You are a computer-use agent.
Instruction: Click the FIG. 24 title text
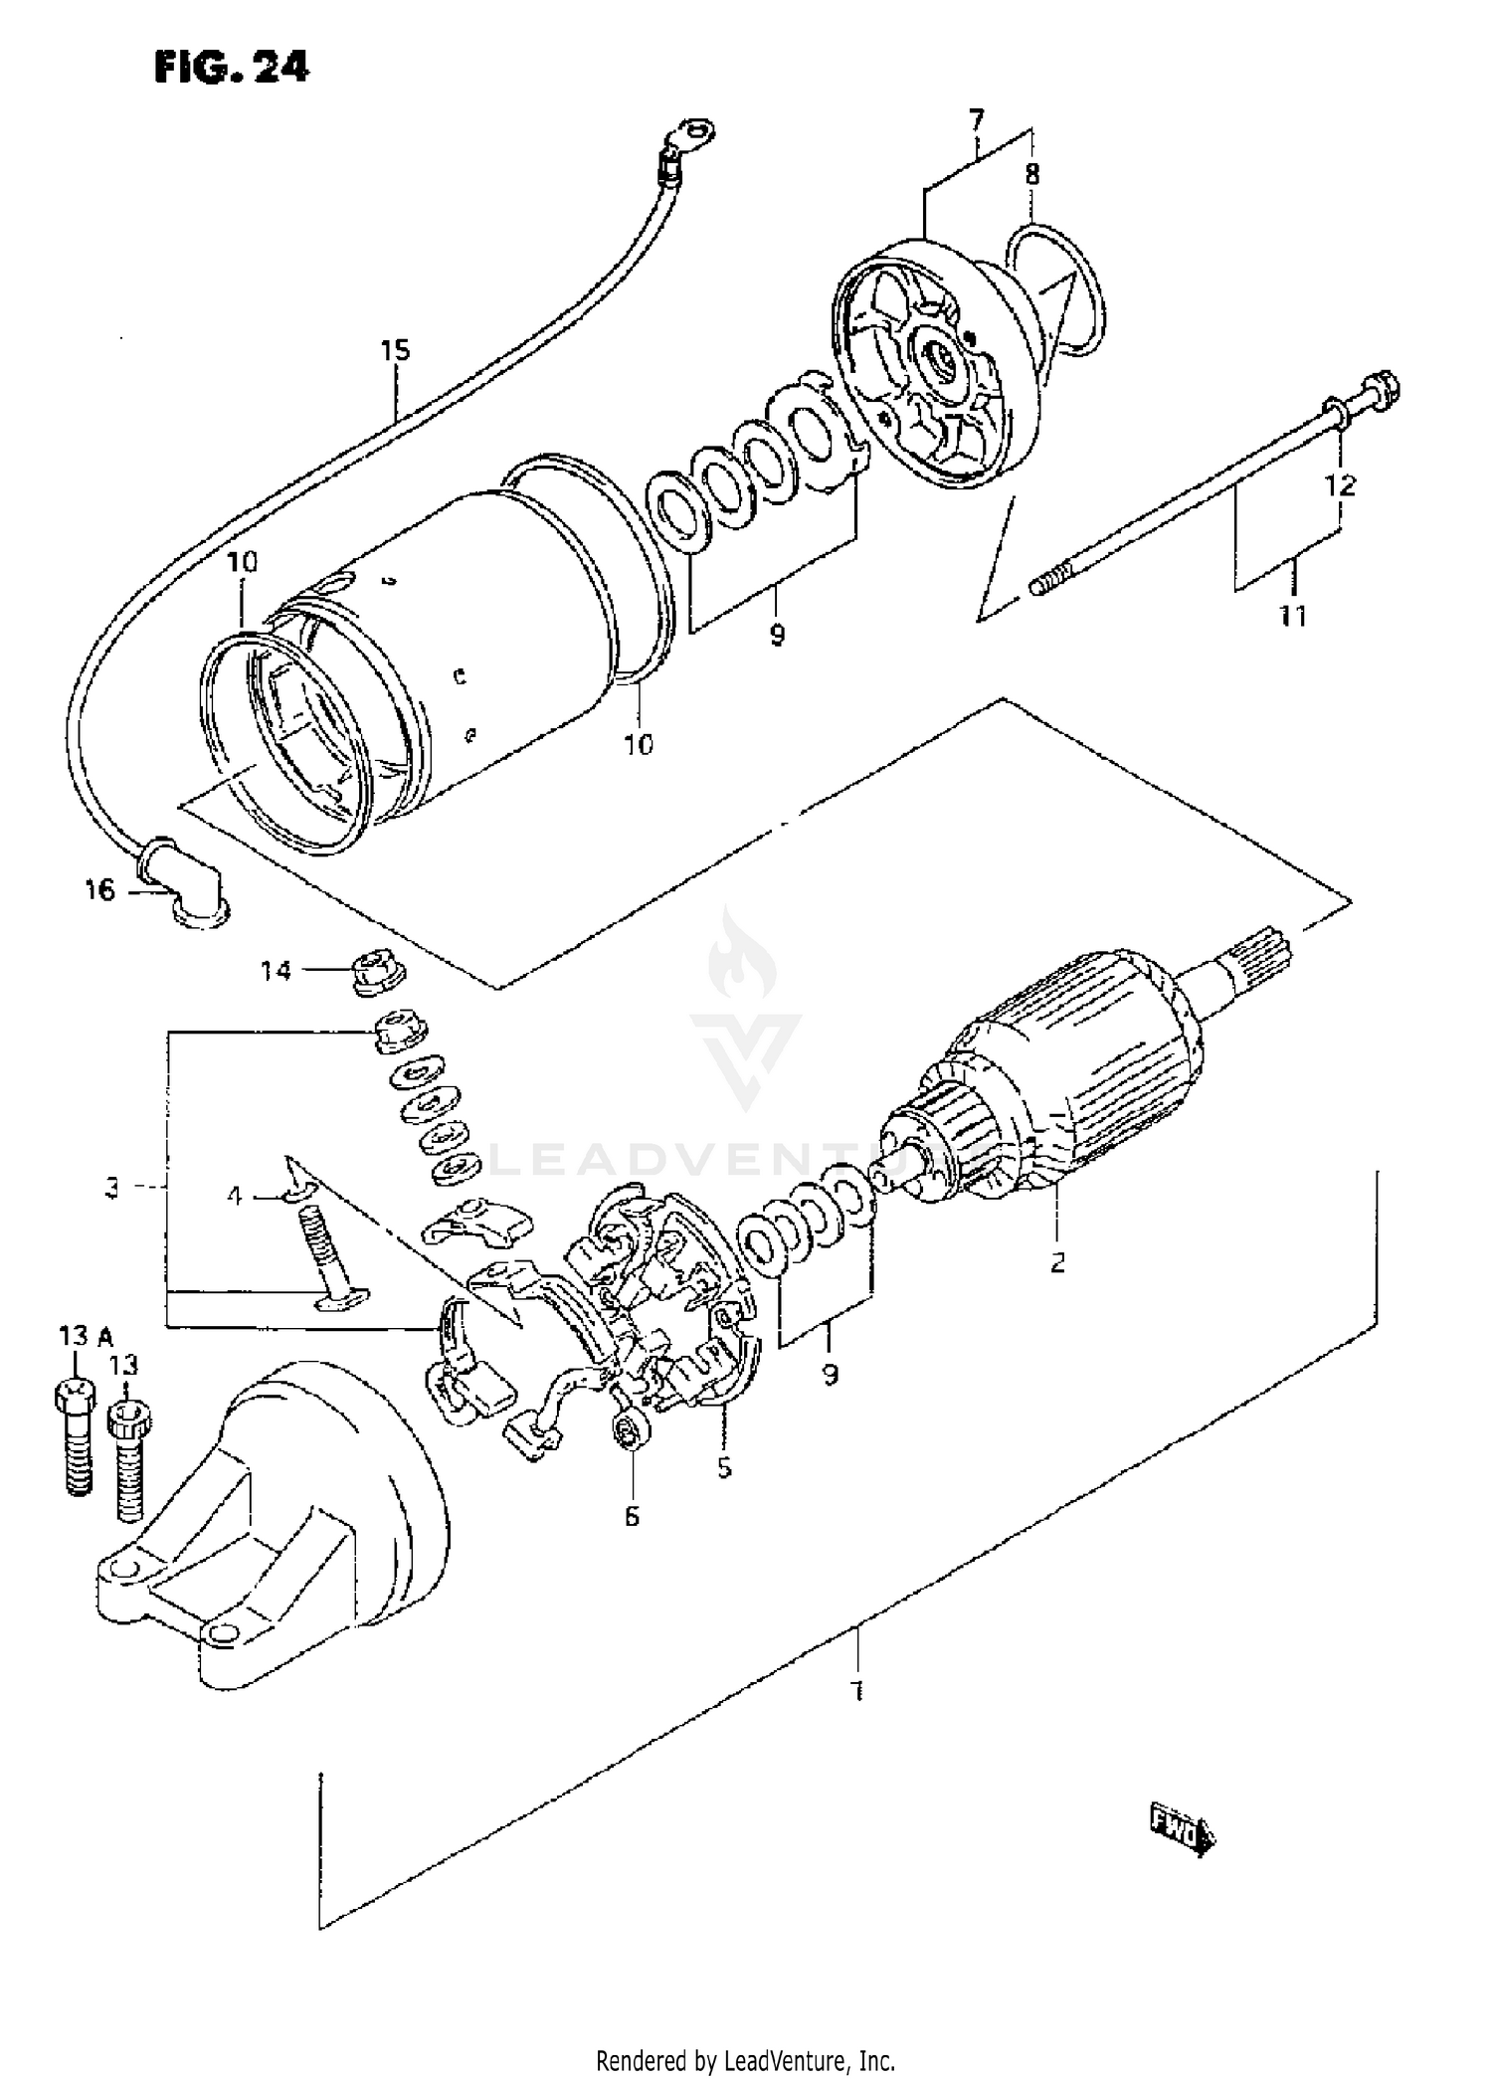click(232, 67)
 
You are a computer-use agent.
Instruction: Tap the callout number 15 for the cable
click(395, 350)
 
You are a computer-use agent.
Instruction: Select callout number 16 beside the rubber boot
click(99, 890)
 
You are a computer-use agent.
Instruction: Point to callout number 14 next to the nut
click(276, 970)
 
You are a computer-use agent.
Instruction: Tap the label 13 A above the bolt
click(86, 1336)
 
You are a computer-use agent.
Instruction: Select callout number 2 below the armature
click(1057, 1262)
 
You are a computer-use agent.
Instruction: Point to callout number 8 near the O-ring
click(1032, 175)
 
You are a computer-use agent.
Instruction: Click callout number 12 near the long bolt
click(1340, 485)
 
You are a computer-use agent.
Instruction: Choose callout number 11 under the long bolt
click(1292, 617)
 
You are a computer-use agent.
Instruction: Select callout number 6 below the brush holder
click(633, 1517)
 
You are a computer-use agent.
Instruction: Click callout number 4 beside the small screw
click(235, 1196)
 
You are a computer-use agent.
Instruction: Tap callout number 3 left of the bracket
click(112, 1187)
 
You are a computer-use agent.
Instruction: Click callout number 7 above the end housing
click(976, 121)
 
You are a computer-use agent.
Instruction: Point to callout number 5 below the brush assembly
click(724, 1467)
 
